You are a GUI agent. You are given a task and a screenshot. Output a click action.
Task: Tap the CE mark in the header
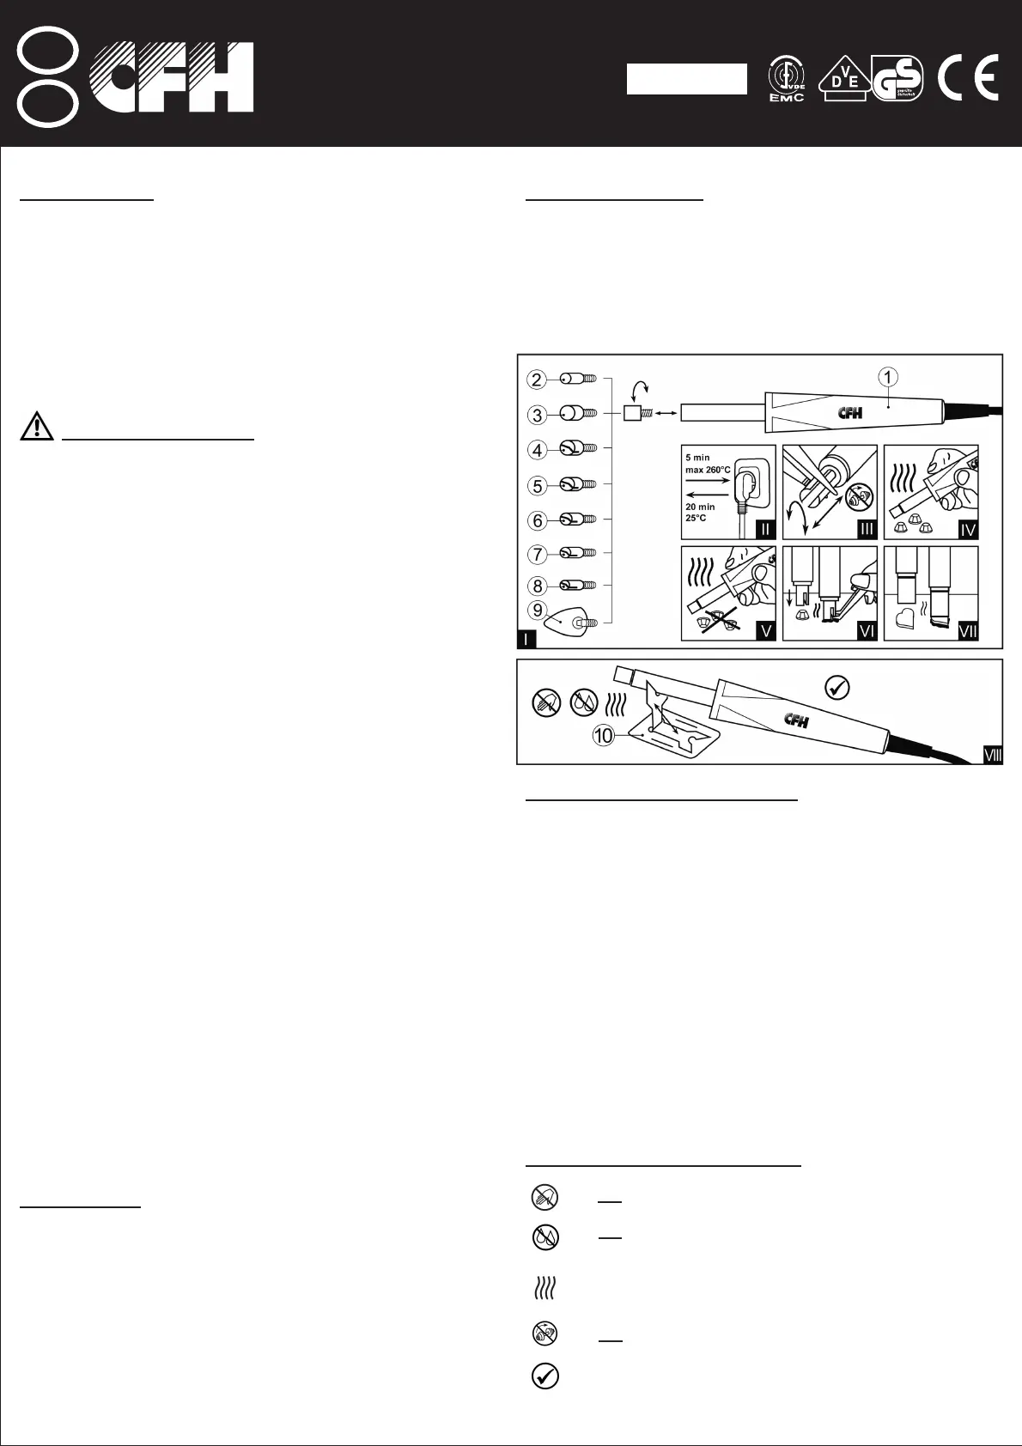[968, 80]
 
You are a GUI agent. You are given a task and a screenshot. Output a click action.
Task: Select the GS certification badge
[897, 79]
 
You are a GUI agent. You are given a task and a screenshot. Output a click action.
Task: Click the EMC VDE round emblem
[786, 79]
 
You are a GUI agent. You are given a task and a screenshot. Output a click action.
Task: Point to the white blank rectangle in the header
[686, 78]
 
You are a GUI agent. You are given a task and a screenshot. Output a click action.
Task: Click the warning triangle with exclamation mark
[37, 426]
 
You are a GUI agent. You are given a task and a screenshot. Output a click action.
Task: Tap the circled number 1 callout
[888, 376]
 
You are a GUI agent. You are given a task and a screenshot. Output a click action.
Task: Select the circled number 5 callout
[538, 485]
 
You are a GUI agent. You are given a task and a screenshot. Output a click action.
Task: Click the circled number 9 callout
[538, 611]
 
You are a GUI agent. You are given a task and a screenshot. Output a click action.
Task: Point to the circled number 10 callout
[605, 735]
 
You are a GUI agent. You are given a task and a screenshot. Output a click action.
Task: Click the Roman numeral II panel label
[764, 529]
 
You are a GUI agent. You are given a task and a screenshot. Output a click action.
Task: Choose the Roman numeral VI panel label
[866, 631]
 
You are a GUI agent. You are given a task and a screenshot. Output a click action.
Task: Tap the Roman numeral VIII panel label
[992, 755]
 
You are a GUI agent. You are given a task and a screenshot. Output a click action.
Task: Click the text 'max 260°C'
[708, 470]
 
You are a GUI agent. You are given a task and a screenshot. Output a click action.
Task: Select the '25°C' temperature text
[696, 518]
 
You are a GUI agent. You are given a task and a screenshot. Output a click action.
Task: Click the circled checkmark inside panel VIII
[836, 687]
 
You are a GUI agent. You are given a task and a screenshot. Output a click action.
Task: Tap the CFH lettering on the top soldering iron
[850, 413]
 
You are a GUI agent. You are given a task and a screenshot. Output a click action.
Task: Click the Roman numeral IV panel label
[968, 529]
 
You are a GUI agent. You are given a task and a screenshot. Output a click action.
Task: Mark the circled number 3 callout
[538, 415]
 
